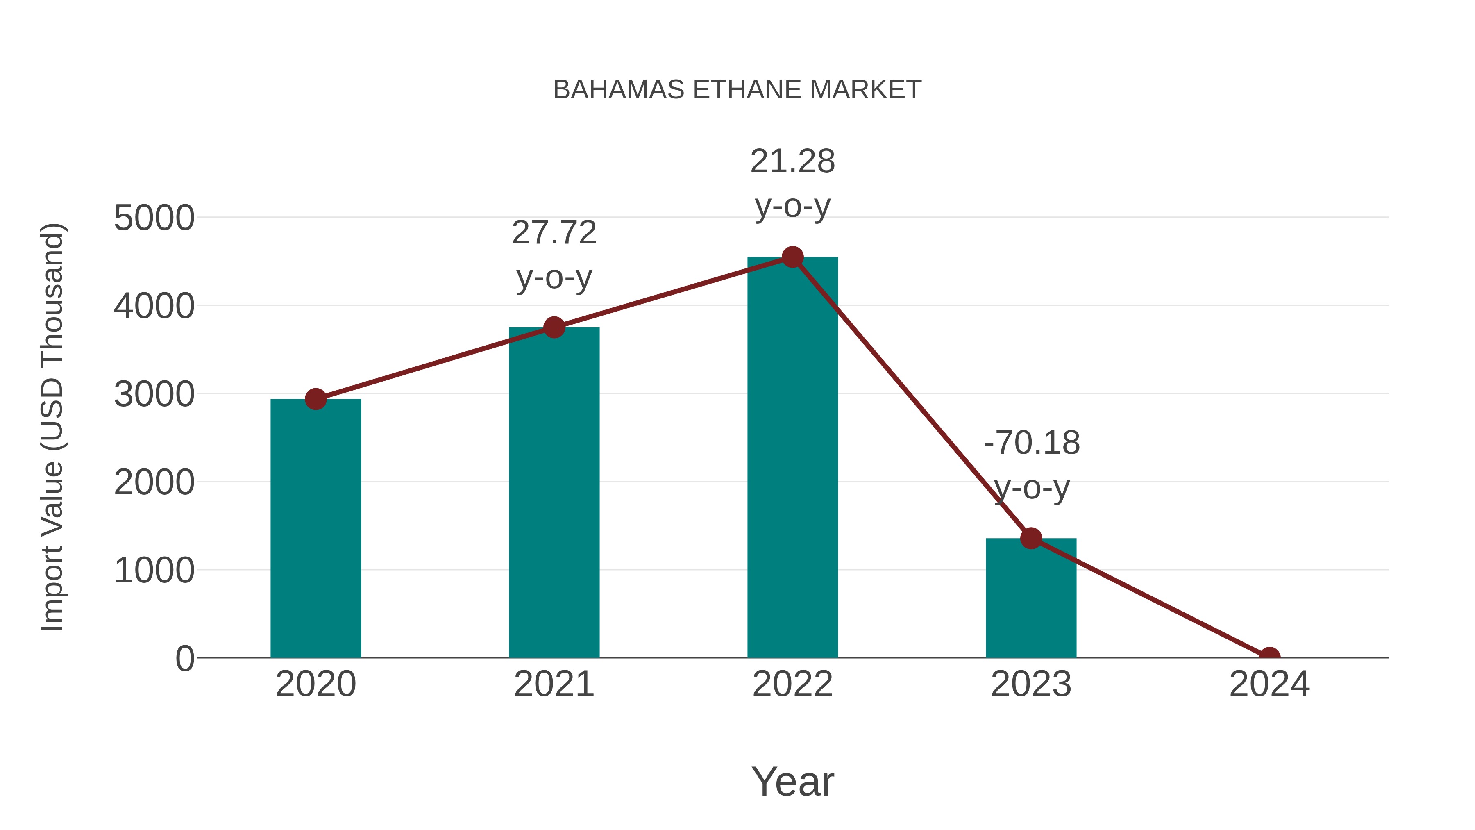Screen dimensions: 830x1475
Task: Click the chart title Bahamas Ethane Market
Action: [x=737, y=90]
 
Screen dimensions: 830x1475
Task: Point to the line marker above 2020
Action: [x=315, y=399]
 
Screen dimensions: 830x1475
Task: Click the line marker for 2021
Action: [x=554, y=327]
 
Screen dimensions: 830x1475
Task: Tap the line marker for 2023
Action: [x=1031, y=539]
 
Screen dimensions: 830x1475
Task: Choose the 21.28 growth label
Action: [x=792, y=183]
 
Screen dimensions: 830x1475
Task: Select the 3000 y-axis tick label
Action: [x=154, y=395]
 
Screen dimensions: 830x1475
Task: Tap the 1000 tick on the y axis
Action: [x=154, y=571]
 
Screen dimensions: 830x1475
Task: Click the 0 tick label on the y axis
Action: [x=185, y=659]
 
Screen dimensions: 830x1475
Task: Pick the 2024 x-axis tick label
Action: [x=1269, y=684]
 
